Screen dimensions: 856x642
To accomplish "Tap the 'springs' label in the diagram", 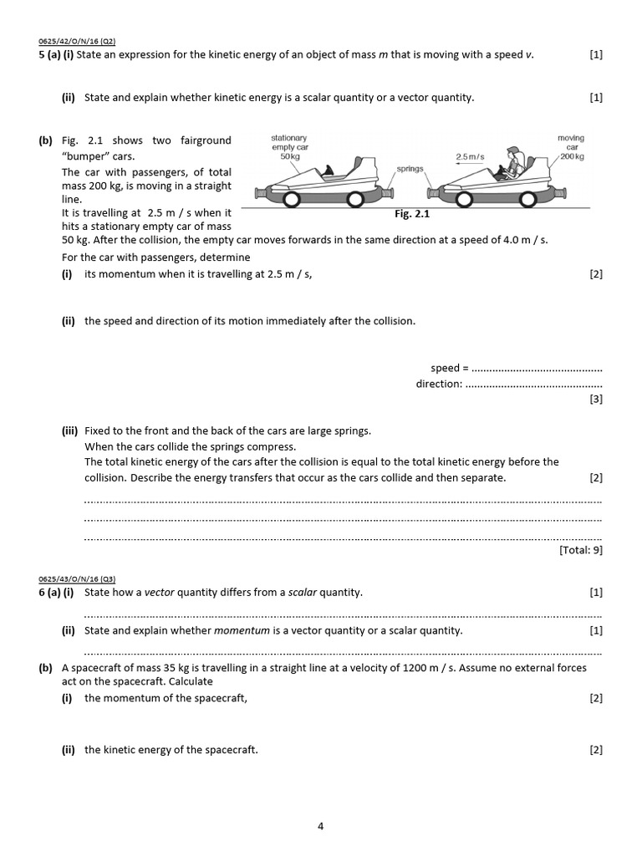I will [x=410, y=168].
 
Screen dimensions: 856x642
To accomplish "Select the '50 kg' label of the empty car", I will [x=289, y=156].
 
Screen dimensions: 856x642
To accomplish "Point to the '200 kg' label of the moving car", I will [x=572, y=156].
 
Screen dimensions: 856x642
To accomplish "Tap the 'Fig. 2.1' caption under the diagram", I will [x=411, y=214].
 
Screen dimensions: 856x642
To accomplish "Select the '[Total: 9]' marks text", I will [x=579, y=549].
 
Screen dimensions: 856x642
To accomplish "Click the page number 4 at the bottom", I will [x=320, y=827].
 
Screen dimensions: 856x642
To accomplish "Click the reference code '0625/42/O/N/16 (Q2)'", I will [x=77, y=39].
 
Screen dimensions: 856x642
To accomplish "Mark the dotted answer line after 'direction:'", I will [x=532, y=384].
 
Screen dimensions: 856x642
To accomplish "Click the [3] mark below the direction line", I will [x=595, y=400].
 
